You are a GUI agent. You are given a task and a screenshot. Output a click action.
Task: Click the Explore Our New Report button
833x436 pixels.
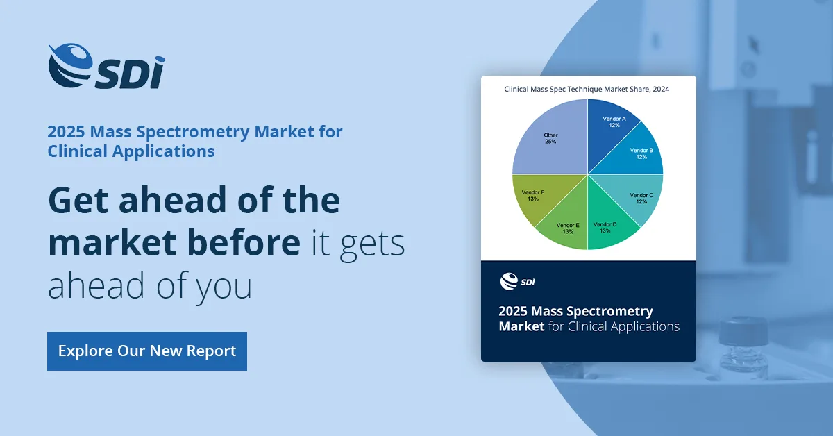pyautogui.click(x=147, y=351)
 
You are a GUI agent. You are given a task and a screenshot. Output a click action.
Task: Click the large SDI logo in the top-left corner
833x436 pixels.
pyautogui.click(x=106, y=66)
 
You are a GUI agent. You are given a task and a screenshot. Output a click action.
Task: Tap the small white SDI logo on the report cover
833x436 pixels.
pyautogui.click(x=517, y=281)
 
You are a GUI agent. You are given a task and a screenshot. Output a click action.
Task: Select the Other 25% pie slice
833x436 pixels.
pyautogui.click(x=550, y=137)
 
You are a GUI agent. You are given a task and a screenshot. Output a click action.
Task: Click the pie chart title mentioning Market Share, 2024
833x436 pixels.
pyautogui.click(x=587, y=90)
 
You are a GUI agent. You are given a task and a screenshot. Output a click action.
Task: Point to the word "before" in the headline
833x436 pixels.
pyautogui.click(x=244, y=242)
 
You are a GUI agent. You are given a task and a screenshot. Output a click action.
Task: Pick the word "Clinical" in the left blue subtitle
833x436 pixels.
pyautogui.click(x=77, y=151)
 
